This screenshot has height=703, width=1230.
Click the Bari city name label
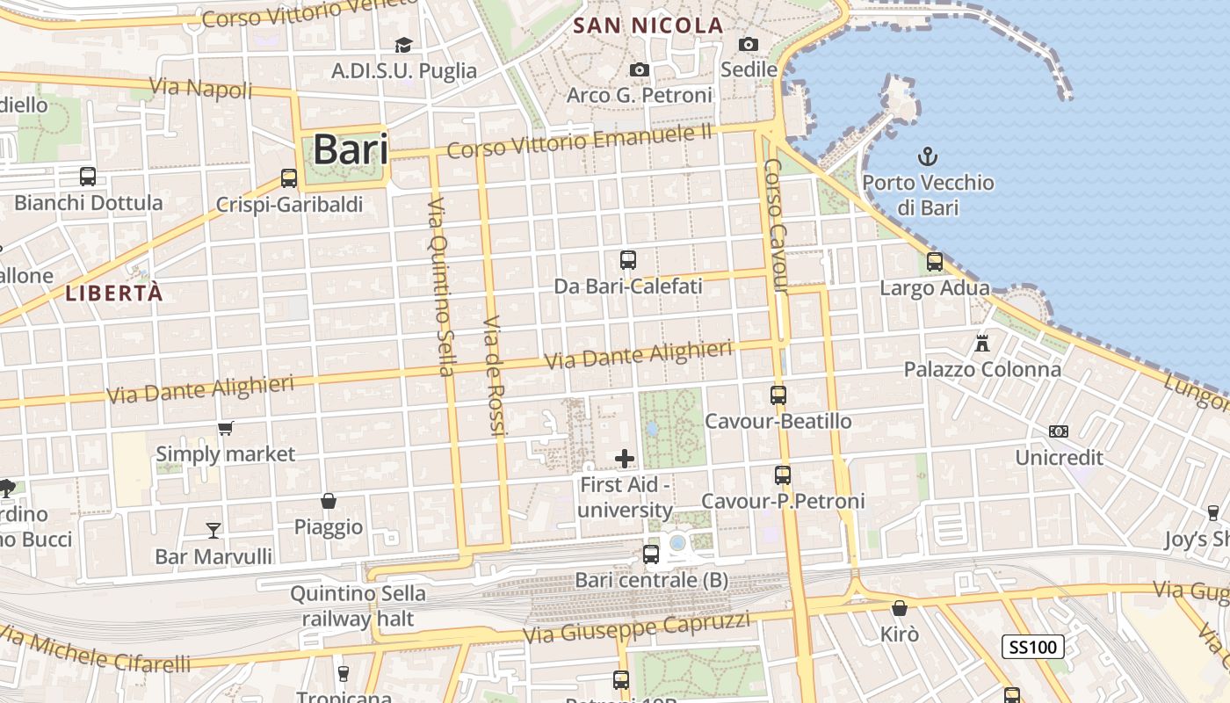pos(351,149)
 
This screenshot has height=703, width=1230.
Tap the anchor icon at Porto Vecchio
pos(928,157)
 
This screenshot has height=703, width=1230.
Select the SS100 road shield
pos(1033,648)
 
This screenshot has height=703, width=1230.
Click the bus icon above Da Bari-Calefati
pos(628,259)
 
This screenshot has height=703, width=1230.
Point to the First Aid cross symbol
pos(625,458)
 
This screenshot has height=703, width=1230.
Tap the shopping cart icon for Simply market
pos(226,428)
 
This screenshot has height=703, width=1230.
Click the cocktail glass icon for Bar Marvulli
pos(213,530)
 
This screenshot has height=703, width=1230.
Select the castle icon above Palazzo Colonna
pos(982,343)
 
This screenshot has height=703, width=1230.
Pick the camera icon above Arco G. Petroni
pos(640,69)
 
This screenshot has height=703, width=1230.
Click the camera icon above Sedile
pos(749,44)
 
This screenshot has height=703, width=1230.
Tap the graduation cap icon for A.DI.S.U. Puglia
pos(403,45)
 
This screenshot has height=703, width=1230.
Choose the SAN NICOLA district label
pos(648,25)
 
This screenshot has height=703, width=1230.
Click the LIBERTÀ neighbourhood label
pos(114,294)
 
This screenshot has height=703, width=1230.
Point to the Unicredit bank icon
pos(1059,431)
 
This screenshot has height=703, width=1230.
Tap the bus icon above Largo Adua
pos(935,261)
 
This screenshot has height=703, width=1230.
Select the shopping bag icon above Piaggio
pos(329,501)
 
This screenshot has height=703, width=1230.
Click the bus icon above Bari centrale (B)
pos(651,554)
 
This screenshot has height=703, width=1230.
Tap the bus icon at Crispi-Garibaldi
pos(289,178)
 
